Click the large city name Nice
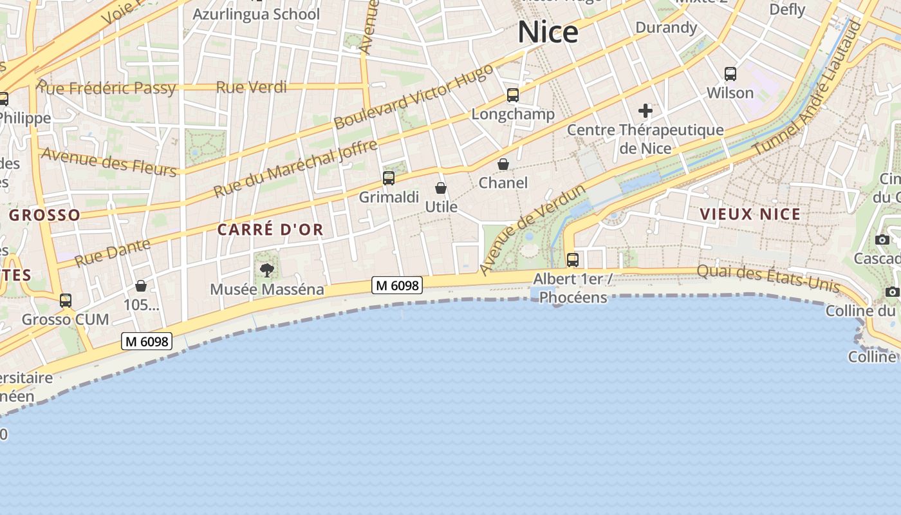(x=548, y=32)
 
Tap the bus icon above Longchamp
(x=513, y=95)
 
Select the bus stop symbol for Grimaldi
(x=389, y=178)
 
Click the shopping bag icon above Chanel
(x=503, y=164)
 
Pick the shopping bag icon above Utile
(x=441, y=188)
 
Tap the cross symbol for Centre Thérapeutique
(x=646, y=111)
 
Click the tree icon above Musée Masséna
(x=267, y=270)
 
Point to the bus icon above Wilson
(x=730, y=74)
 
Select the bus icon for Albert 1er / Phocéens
(x=573, y=260)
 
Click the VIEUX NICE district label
(x=750, y=214)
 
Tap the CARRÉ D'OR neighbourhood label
(x=270, y=230)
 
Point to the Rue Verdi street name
(x=252, y=87)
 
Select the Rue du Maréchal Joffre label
(x=295, y=169)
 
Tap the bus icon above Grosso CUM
(x=66, y=301)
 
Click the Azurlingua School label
(x=256, y=14)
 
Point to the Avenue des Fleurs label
(x=108, y=162)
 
